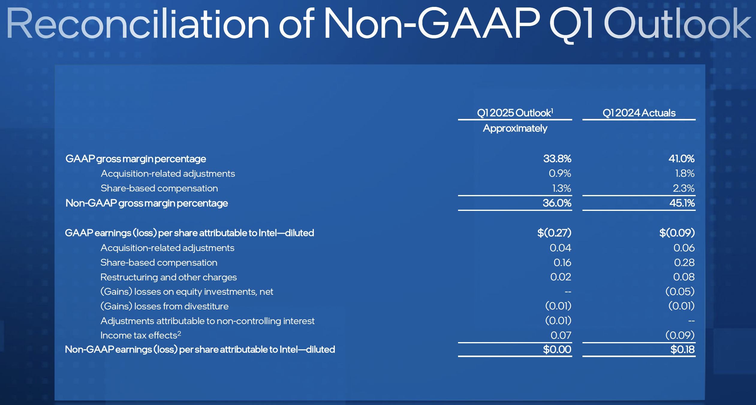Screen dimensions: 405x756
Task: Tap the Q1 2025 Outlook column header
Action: [x=515, y=113]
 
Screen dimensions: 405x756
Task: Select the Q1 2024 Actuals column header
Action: [x=639, y=113]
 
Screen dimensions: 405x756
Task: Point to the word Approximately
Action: [x=515, y=128]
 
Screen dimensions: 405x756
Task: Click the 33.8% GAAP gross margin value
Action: [x=557, y=158]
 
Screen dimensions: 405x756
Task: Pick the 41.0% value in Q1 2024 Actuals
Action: [x=681, y=158]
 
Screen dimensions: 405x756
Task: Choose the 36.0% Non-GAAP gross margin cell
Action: [x=557, y=203]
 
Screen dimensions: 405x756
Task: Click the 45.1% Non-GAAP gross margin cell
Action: [x=682, y=203]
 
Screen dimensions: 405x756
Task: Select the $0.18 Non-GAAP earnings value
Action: [x=682, y=349]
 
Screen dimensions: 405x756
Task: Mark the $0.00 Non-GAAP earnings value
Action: [x=557, y=349]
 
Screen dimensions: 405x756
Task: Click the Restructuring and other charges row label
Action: [x=168, y=277]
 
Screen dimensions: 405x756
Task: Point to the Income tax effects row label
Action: [x=141, y=335]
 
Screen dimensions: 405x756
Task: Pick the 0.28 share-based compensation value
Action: [x=684, y=262]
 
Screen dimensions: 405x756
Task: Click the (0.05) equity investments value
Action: [x=680, y=291]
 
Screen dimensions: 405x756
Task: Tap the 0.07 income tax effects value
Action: [x=561, y=335]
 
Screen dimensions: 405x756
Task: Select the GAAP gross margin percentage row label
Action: [x=135, y=159]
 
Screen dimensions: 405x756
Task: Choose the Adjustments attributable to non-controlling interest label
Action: [x=207, y=321]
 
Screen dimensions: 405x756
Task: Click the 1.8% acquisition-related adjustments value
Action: [x=684, y=173]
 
